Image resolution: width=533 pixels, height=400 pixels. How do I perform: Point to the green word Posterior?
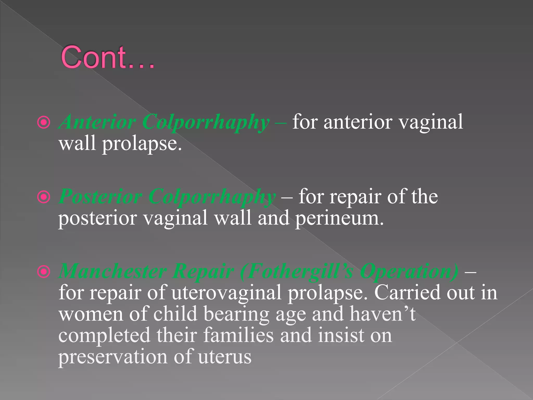coord(100,197)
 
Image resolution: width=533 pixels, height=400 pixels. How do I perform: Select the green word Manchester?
coord(113,271)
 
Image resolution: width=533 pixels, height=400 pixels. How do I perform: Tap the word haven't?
coord(383,314)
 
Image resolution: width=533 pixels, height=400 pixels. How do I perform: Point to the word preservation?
coord(113,357)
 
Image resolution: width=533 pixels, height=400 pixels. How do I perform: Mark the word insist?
coord(341,335)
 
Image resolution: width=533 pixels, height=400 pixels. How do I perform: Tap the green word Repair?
coord(204,271)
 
